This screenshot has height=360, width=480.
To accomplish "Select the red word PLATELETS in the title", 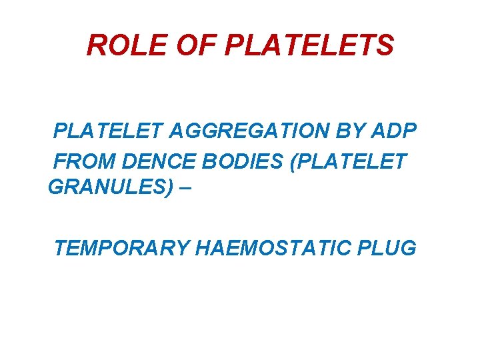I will tap(311, 45).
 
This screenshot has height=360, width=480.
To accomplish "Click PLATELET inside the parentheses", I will tap(356, 161).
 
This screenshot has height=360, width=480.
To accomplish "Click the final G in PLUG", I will tap(408, 248).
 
